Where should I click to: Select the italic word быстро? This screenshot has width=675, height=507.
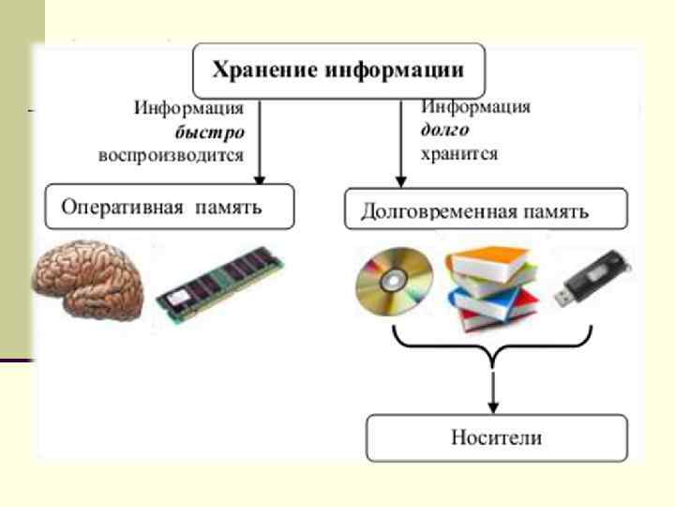click(216, 132)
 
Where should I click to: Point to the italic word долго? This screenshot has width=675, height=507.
click(444, 130)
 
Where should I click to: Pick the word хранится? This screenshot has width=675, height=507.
click(459, 152)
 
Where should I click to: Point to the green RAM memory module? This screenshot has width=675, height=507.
click(217, 286)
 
